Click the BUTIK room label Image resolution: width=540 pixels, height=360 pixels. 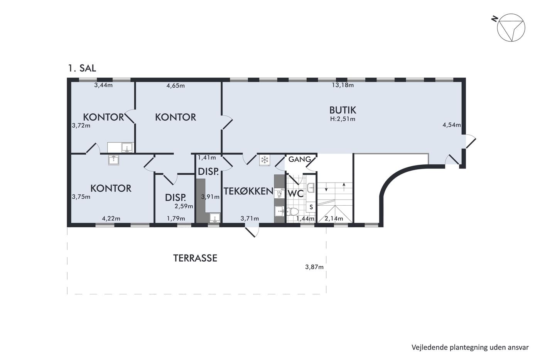(343, 110)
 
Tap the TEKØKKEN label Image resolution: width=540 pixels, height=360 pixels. (248, 191)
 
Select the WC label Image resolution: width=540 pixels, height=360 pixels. (296, 194)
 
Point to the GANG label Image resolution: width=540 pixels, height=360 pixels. (300, 159)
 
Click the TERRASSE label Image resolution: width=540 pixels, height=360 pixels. (195, 258)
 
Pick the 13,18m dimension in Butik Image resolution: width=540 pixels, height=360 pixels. (343, 85)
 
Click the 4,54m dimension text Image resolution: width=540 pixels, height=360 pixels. (452, 125)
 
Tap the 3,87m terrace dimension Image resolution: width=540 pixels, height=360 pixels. (314, 267)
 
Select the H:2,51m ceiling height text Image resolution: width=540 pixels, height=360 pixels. (343, 119)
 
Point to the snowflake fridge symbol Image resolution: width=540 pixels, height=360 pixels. (265, 161)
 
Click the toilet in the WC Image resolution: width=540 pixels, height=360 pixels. (292, 212)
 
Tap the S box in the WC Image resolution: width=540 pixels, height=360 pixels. (311, 207)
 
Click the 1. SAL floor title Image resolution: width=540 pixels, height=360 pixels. (82, 68)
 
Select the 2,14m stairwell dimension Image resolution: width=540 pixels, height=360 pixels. (334, 219)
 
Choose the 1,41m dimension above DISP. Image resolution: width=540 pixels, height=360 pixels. (207, 158)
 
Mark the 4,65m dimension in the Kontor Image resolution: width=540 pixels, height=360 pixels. (175, 86)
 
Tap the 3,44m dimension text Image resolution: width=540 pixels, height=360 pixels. (103, 85)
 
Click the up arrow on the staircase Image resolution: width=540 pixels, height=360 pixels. (344, 188)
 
